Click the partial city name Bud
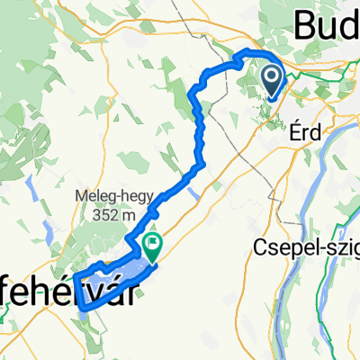click(326, 23)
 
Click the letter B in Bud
click(303, 23)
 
